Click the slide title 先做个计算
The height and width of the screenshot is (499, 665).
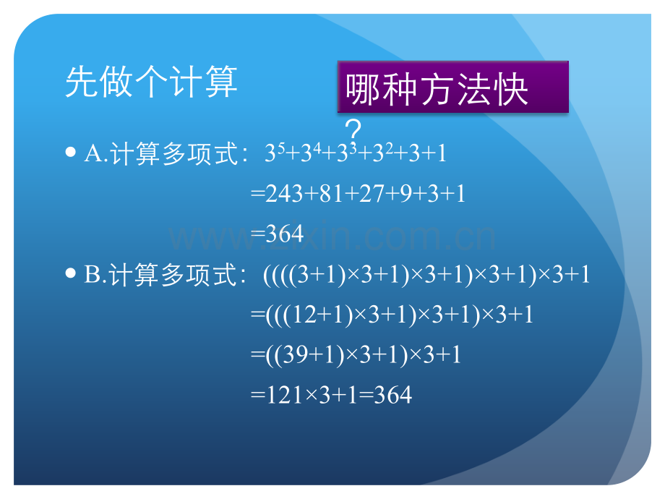pyautogui.click(x=151, y=82)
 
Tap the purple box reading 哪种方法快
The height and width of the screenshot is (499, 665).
pyautogui.click(x=452, y=88)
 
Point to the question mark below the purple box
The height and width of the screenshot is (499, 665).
pyautogui.click(x=353, y=132)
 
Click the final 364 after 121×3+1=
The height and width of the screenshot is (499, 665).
pyautogui.click(x=393, y=395)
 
